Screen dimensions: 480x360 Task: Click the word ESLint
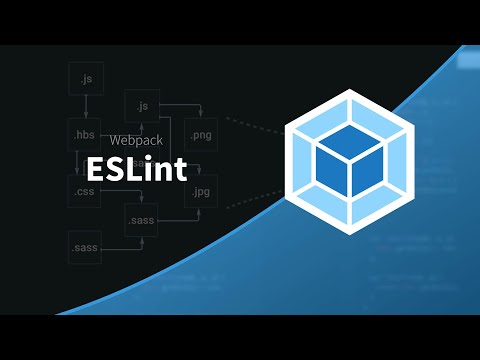pyautogui.click(x=136, y=168)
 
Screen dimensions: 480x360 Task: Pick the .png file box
pyautogui.click(x=201, y=133)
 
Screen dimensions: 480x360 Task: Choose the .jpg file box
pyautogui.click(x=201, y=189)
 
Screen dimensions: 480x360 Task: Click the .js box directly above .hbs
pyautogui.click(x=86, y=77)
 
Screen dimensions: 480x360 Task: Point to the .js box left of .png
pyautogui.click(x=142, y=105)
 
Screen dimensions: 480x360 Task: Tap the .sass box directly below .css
pyautogui.click(x=86, y=245)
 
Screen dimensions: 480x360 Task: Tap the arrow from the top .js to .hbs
pyautogui.click(x=86, y=105)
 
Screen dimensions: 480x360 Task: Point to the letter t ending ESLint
pyautogui.click(x=180, y=168)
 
